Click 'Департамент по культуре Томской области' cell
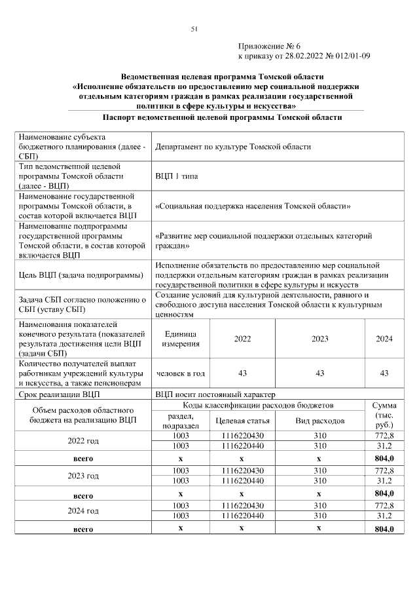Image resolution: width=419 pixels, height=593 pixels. point(232,147)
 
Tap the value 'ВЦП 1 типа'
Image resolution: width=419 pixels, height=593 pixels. point(177,176)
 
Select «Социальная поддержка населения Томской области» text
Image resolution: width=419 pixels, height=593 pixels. point(253,206)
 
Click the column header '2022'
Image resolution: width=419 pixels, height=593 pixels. point(242,339)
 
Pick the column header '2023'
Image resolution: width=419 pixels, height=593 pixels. point(319,339)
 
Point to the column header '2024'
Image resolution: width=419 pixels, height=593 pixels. point(384,339)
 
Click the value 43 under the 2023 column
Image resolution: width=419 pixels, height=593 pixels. point(319,373)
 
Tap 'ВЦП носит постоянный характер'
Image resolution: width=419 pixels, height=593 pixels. point(215,394)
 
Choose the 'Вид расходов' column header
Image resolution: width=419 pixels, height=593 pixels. point(319,421)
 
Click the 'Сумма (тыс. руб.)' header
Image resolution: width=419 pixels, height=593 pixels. point(384,415)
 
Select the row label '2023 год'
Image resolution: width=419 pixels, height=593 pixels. point(84,476)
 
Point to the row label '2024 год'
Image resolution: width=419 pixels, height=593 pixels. point(84,510)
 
